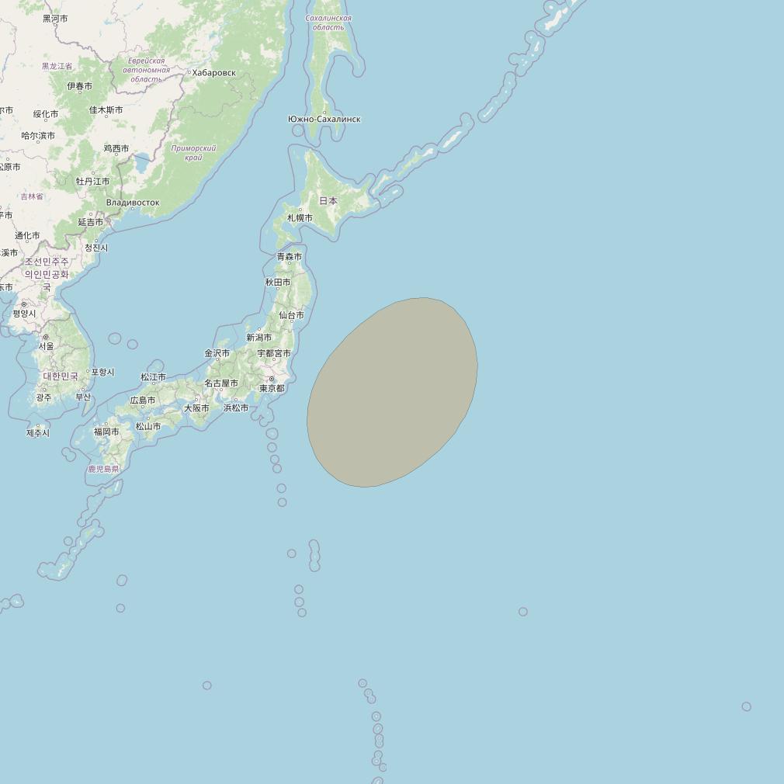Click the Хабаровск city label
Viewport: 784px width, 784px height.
[x=213, y=73]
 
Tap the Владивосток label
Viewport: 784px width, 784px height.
[x=133, y=203]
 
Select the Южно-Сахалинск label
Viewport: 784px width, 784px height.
[x=324, y=119]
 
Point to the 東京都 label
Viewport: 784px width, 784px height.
[x=272, y=388]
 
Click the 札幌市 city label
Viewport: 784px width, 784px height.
[x=300, y=218]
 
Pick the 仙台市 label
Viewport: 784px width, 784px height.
[x=291, y=315]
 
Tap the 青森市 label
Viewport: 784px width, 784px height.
[x=290, y=256]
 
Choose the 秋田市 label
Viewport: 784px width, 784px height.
[x=277, y=283]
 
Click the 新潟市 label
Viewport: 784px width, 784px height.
[x=258, y=338]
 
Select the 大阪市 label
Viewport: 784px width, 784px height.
[x=196, y=408]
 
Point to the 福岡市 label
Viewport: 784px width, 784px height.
[x=106, y=432]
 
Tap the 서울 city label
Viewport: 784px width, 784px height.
[x=47, y=346]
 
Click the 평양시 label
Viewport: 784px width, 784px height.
[x=24, y=314]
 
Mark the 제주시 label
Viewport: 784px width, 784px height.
[x=37, y=433]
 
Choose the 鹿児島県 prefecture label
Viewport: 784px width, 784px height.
[x=103, y=469]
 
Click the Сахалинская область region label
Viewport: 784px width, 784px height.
[x=328, y=23]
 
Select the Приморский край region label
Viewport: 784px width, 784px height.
[x=193, y=152]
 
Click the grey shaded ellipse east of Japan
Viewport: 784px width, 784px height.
[x=392, y=392]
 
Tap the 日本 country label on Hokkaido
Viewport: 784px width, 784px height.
[x=328, y=201]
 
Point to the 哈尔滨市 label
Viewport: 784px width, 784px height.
[x=38, y=136]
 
